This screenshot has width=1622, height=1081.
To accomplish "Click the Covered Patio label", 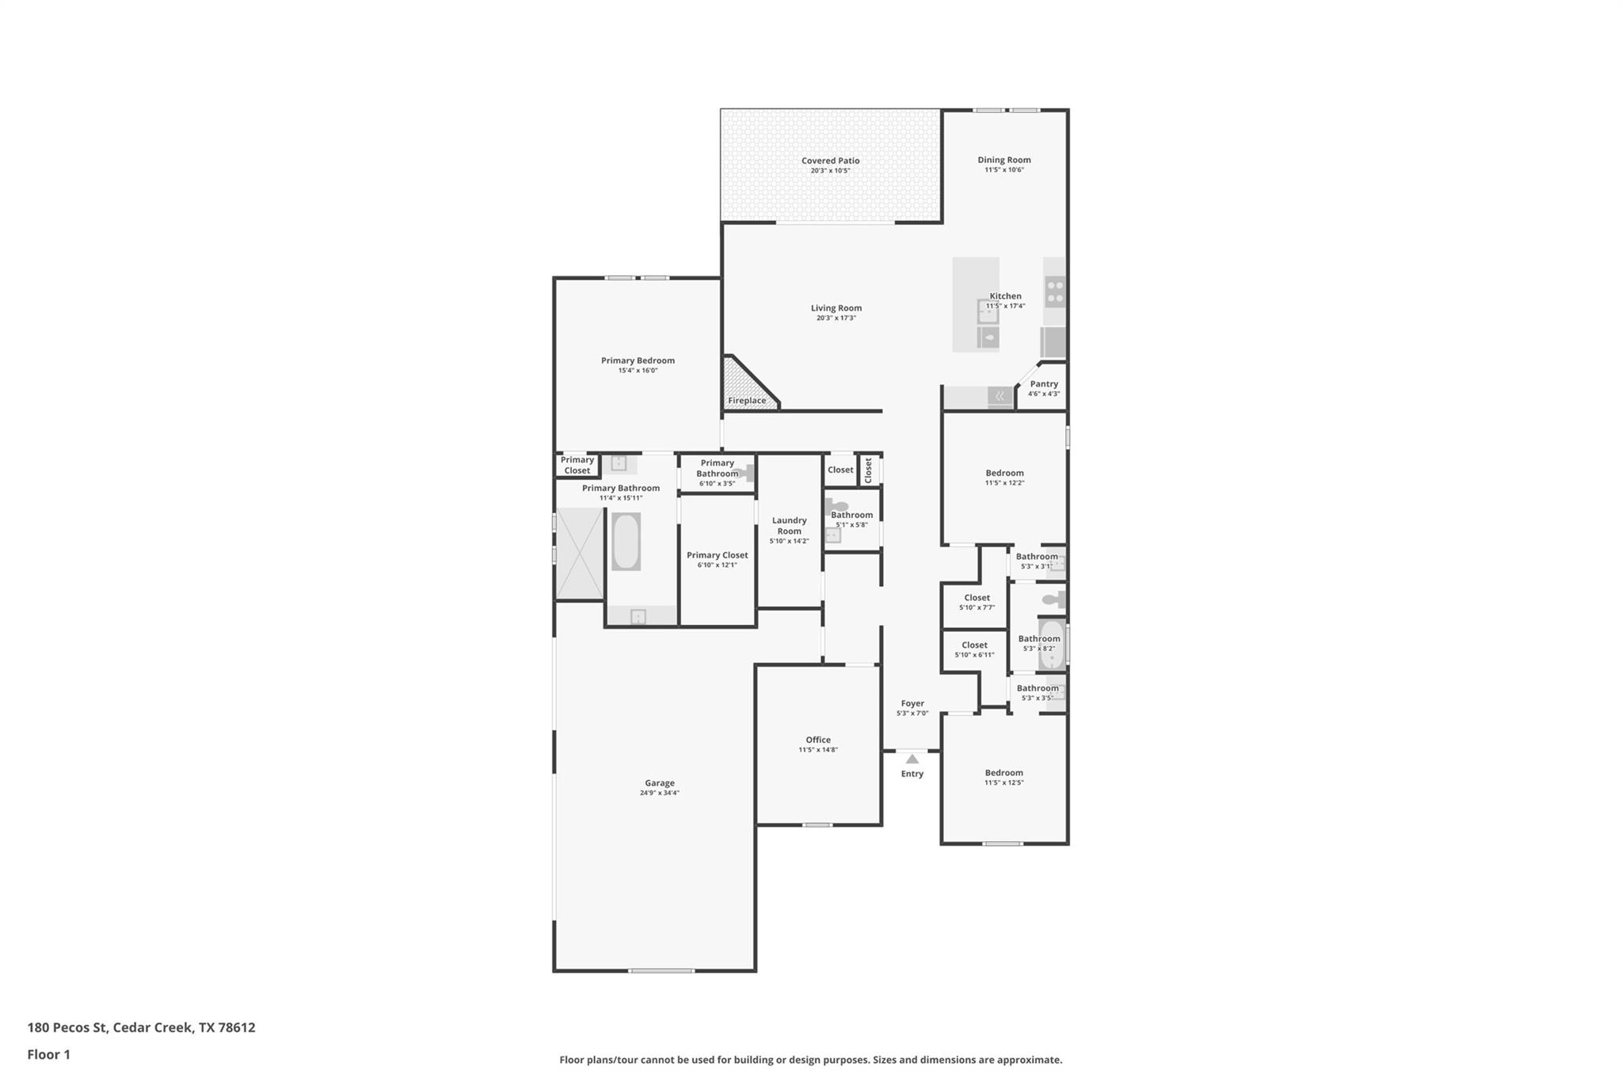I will tap(830, 161).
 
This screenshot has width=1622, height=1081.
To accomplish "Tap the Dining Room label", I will tap(1003, 160).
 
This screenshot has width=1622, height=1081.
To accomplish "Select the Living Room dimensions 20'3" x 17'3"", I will tap(836, 318).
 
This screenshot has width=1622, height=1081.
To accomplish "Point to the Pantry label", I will tap(1043, 384).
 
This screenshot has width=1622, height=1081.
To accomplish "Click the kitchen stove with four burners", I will tap(1055, 291).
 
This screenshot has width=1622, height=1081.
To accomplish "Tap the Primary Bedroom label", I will tap(638, 361).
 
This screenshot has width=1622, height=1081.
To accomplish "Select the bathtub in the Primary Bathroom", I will tap(626, 542).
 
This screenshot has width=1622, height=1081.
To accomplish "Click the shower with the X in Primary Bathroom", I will tap(579, 553).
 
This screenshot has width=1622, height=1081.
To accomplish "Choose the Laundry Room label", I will tap(789, 526).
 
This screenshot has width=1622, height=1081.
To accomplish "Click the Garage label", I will tap(659, 783).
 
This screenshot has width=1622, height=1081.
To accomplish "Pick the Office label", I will tap(818, 740).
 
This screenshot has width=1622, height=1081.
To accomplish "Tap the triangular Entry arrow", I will tap(912, 759).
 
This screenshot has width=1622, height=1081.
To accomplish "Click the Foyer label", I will tap(912, 703).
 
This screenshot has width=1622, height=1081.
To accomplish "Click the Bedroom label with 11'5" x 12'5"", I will tap(1003, 773).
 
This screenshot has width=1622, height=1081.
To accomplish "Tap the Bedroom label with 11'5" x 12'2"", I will tap(1004, 474).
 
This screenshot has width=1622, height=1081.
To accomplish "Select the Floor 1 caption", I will tap(49, 1055).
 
